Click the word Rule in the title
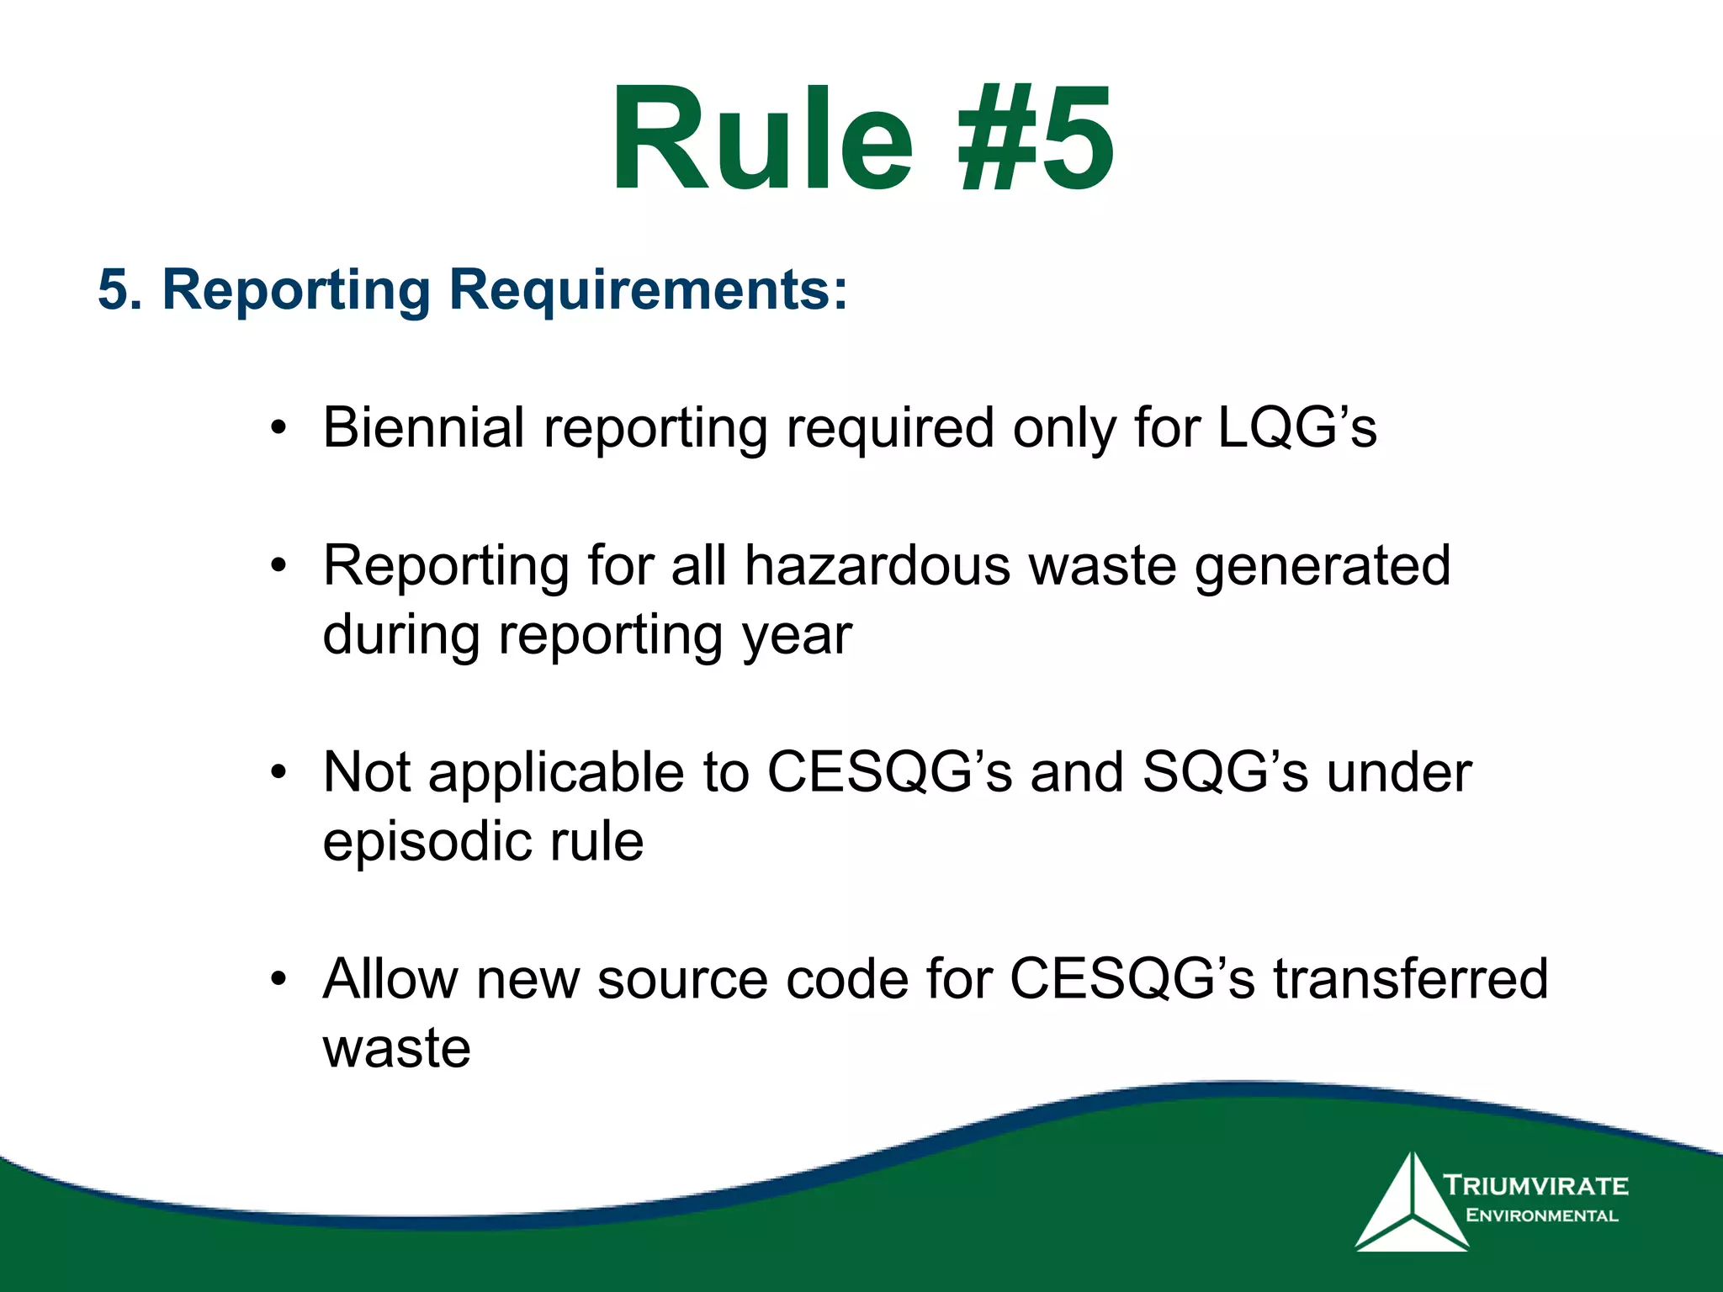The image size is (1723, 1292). pyautogui.click(x=761, y=139)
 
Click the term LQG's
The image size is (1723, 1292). pyautogui.click(x=1296, y=427)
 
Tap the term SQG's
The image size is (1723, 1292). pyautogui.click(x=1225, y=772)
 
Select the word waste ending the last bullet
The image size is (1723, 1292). pyautogui.click(x=396, y=1049)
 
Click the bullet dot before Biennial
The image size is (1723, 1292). pyautogui.click(x=278, y=429)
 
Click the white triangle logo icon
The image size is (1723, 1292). pyautogui.click(x=1411, y=1207)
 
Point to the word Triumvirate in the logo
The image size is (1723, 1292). pyautogui.click(x=1536, y=1186)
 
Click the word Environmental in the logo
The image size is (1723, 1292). pyautogui.click(x=1541, y=1215)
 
